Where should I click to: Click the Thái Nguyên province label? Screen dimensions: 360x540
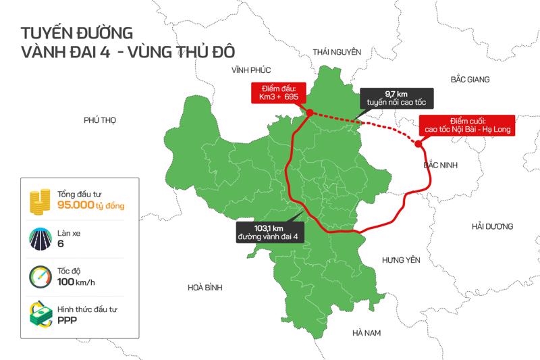pyautogui.click(x=337, y=52)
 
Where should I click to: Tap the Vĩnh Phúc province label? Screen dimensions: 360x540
pyautogui.click(x=250, y=70)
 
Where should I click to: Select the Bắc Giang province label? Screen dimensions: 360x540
pyautogui.click(x=470, y=80)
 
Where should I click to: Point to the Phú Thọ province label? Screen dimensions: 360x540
pyautogui.click(x=100, y=120)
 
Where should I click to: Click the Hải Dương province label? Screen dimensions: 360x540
pyautogui.click(x=493, y=226)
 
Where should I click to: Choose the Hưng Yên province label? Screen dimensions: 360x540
pyautogui.click(x=401, y=260)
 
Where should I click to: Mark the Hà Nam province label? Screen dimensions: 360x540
pyautogui.click(x=367, y=333)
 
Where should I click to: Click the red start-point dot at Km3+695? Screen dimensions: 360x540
pyautogui.click(x=309, y=113)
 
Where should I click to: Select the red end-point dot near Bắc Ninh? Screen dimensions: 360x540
pyautogui.click(x=418, y=143)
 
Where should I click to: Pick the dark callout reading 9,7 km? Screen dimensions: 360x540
pyautogui.click(x=395, y=98)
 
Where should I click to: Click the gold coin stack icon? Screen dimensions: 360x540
pyautogui.click(x=40, y=200)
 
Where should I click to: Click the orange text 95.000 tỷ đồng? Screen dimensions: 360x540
pyautogui.click(x=90, y=205)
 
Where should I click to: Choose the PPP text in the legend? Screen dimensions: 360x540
pyautogui.click(x=67, y=320)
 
